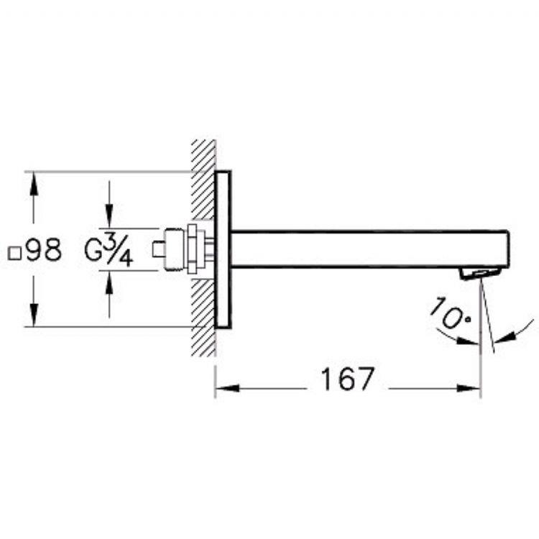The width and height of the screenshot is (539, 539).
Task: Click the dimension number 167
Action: click(x=346, y=379)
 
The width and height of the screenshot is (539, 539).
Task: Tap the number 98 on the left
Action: click(x=44, y=250)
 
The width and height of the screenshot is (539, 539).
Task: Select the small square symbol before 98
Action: click(x=14, y=254)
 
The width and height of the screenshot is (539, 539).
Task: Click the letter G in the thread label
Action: click(x=93, y=251)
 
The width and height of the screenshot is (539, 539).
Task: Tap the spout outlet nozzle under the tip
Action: click(x=481, y=274)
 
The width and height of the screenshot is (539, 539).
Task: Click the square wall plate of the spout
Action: click(x=223, y=249)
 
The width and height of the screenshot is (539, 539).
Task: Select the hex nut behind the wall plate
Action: click(x=193, y=249)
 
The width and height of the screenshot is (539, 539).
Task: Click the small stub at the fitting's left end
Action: click(x=159, y=249)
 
